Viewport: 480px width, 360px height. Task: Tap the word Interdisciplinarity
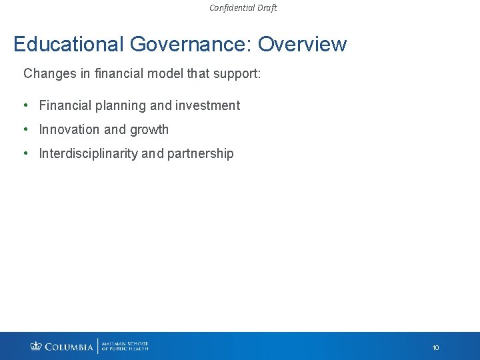coord(89,153)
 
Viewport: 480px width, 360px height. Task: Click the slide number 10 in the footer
coord(435,347)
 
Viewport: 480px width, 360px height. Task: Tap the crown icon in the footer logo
coord(36,346)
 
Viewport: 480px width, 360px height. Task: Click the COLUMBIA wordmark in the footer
coord(69,347)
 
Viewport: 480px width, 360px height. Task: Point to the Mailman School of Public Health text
coord(125,346)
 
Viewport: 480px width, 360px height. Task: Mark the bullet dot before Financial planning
coord(25,105)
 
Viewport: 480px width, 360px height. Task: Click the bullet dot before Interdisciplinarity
coord(25,153)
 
